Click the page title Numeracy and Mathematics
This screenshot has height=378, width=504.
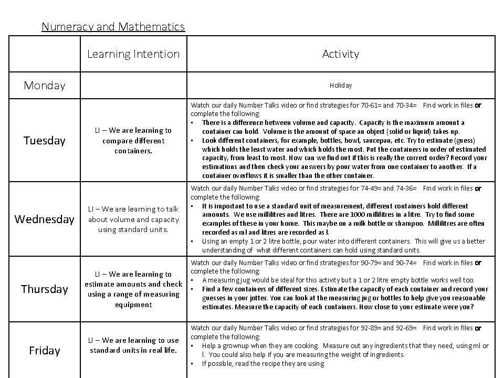pyautogui.click(x=113, y=26)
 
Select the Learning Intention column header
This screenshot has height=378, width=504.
pyautogui.click(x=133, y=54)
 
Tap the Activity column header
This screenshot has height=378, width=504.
pyautogui.click(x=341, y=54)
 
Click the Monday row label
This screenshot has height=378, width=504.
pyautogui.click(x=45, y=85)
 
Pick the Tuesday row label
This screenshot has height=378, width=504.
pyautogui.click(x=45, y=141)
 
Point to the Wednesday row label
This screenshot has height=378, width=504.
pyautogui.click(x=45, y=219)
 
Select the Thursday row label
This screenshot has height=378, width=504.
pyautogui.click(x=45, y=289)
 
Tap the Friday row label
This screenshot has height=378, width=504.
pyautogui.click(x=45, y=350)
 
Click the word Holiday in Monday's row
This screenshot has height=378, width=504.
pyautogui.click(x=341, y=85)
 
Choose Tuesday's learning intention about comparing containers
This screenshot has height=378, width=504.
pyautogui.click(x=133, y=141)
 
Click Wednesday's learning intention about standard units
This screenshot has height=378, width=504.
pyautogui.click(x=133, y=219)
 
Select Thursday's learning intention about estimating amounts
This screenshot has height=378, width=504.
pyautogui.click(x=133, y=289)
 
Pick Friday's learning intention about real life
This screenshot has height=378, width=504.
pyautogui.click(x=133, y=345)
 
